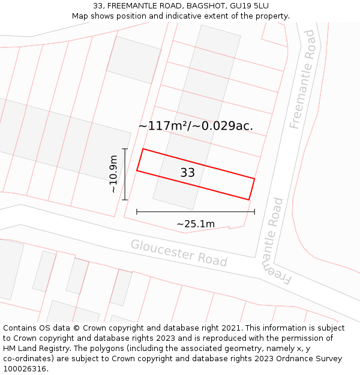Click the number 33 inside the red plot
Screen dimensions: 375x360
click(188, 173)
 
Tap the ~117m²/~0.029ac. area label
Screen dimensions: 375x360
click(196, 126)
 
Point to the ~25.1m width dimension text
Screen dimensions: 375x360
click(196, 224)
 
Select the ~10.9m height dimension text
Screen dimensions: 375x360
click(113, 175)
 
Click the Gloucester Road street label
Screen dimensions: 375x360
click(179, 253)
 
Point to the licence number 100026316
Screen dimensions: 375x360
click(24, 369)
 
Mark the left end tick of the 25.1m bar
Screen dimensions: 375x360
click(137, 211)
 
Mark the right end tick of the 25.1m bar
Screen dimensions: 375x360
click(254, 211)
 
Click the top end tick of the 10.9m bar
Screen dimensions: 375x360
click(125, 149)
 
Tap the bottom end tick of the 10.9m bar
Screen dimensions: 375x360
click(125, 200)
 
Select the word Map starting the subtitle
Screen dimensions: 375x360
click(80, 16)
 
